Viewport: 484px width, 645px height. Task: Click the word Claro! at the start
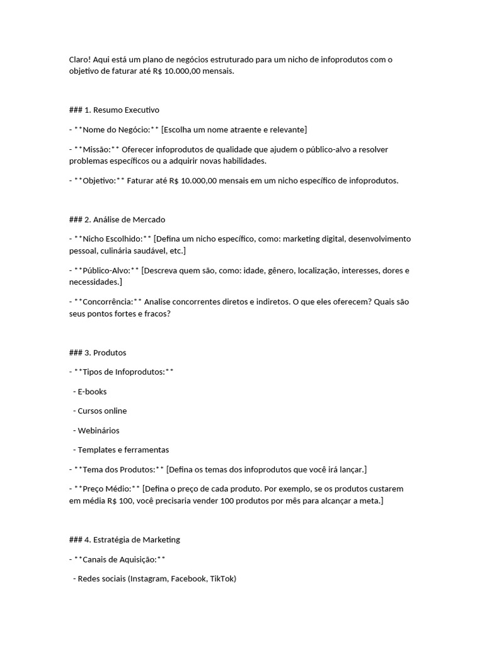tap(81, 59)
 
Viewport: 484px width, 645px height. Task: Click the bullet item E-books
tap(92, 392)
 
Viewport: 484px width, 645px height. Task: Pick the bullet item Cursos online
tap(102, 411)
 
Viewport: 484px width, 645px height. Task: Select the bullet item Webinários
tap(98, 431)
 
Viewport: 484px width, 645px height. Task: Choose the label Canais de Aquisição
tap(119, 559)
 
